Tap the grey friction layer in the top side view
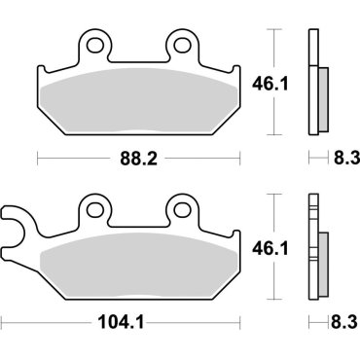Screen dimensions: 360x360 pos(319,97)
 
